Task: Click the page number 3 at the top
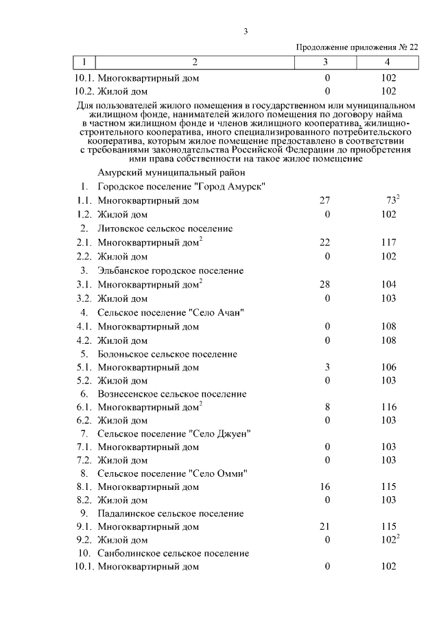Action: pos(245,31)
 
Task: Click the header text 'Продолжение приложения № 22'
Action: pos(357,47)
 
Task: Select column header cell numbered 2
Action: pos(195,62)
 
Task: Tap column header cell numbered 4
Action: pos(387,62)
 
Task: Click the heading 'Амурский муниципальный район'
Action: pos(167,173)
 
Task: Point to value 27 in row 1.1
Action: pos(326,200)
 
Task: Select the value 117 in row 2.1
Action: pos(388,242)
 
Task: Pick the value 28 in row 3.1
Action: pos(326,284)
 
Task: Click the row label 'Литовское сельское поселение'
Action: pos(165,229)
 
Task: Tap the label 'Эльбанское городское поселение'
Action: pos(170,270)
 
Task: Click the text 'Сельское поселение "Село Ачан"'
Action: pos(171,312)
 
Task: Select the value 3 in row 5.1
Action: pos(327,368)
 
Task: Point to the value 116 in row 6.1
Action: pos(388,407)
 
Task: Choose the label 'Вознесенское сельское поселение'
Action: pos(171,394)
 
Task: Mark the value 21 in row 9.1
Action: pos(326,526)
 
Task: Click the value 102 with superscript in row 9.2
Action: pos(390,539)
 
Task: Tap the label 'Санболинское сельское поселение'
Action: pos(173,553)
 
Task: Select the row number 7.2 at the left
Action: pos(84,460)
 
